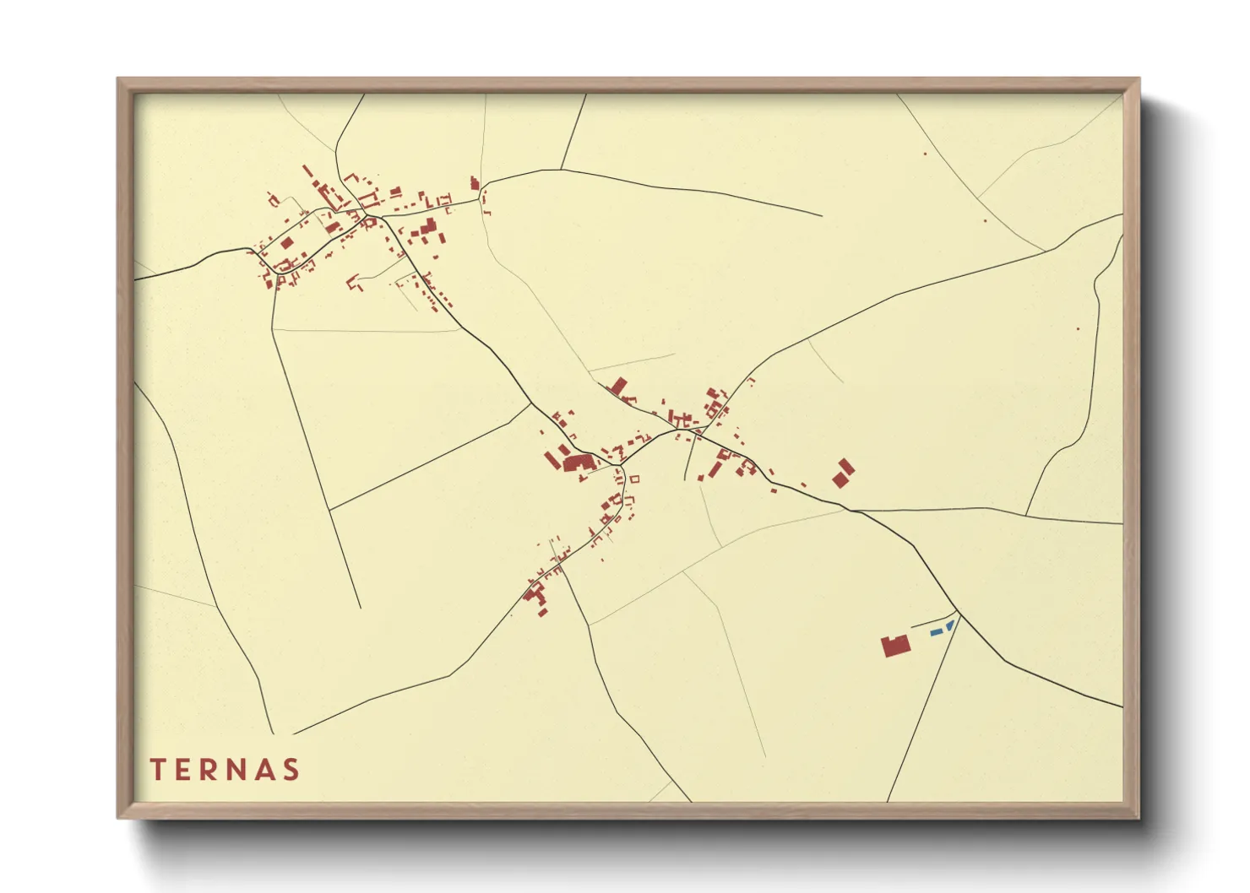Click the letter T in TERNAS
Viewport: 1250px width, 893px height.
click(x=156, y=769)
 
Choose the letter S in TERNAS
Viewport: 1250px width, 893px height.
click(x=292, y=769)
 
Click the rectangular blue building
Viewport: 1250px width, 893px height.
click(x=936, y=631)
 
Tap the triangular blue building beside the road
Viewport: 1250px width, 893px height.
click(x=949, y=625)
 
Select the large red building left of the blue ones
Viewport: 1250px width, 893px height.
click(x=895, y=647)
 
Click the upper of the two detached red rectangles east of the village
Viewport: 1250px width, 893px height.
click(x=846, y=466)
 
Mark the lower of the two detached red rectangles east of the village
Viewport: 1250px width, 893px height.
click(x=840, y=479)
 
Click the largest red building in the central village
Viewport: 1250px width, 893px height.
click(x=578, y=463)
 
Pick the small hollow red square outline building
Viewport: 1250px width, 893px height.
click(x=635, y=479)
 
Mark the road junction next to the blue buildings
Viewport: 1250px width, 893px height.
click(x=958, y=611)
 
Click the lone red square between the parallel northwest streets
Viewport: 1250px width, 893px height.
click(x=286, y=243)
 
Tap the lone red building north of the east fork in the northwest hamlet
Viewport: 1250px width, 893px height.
click(x=474, y=182)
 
